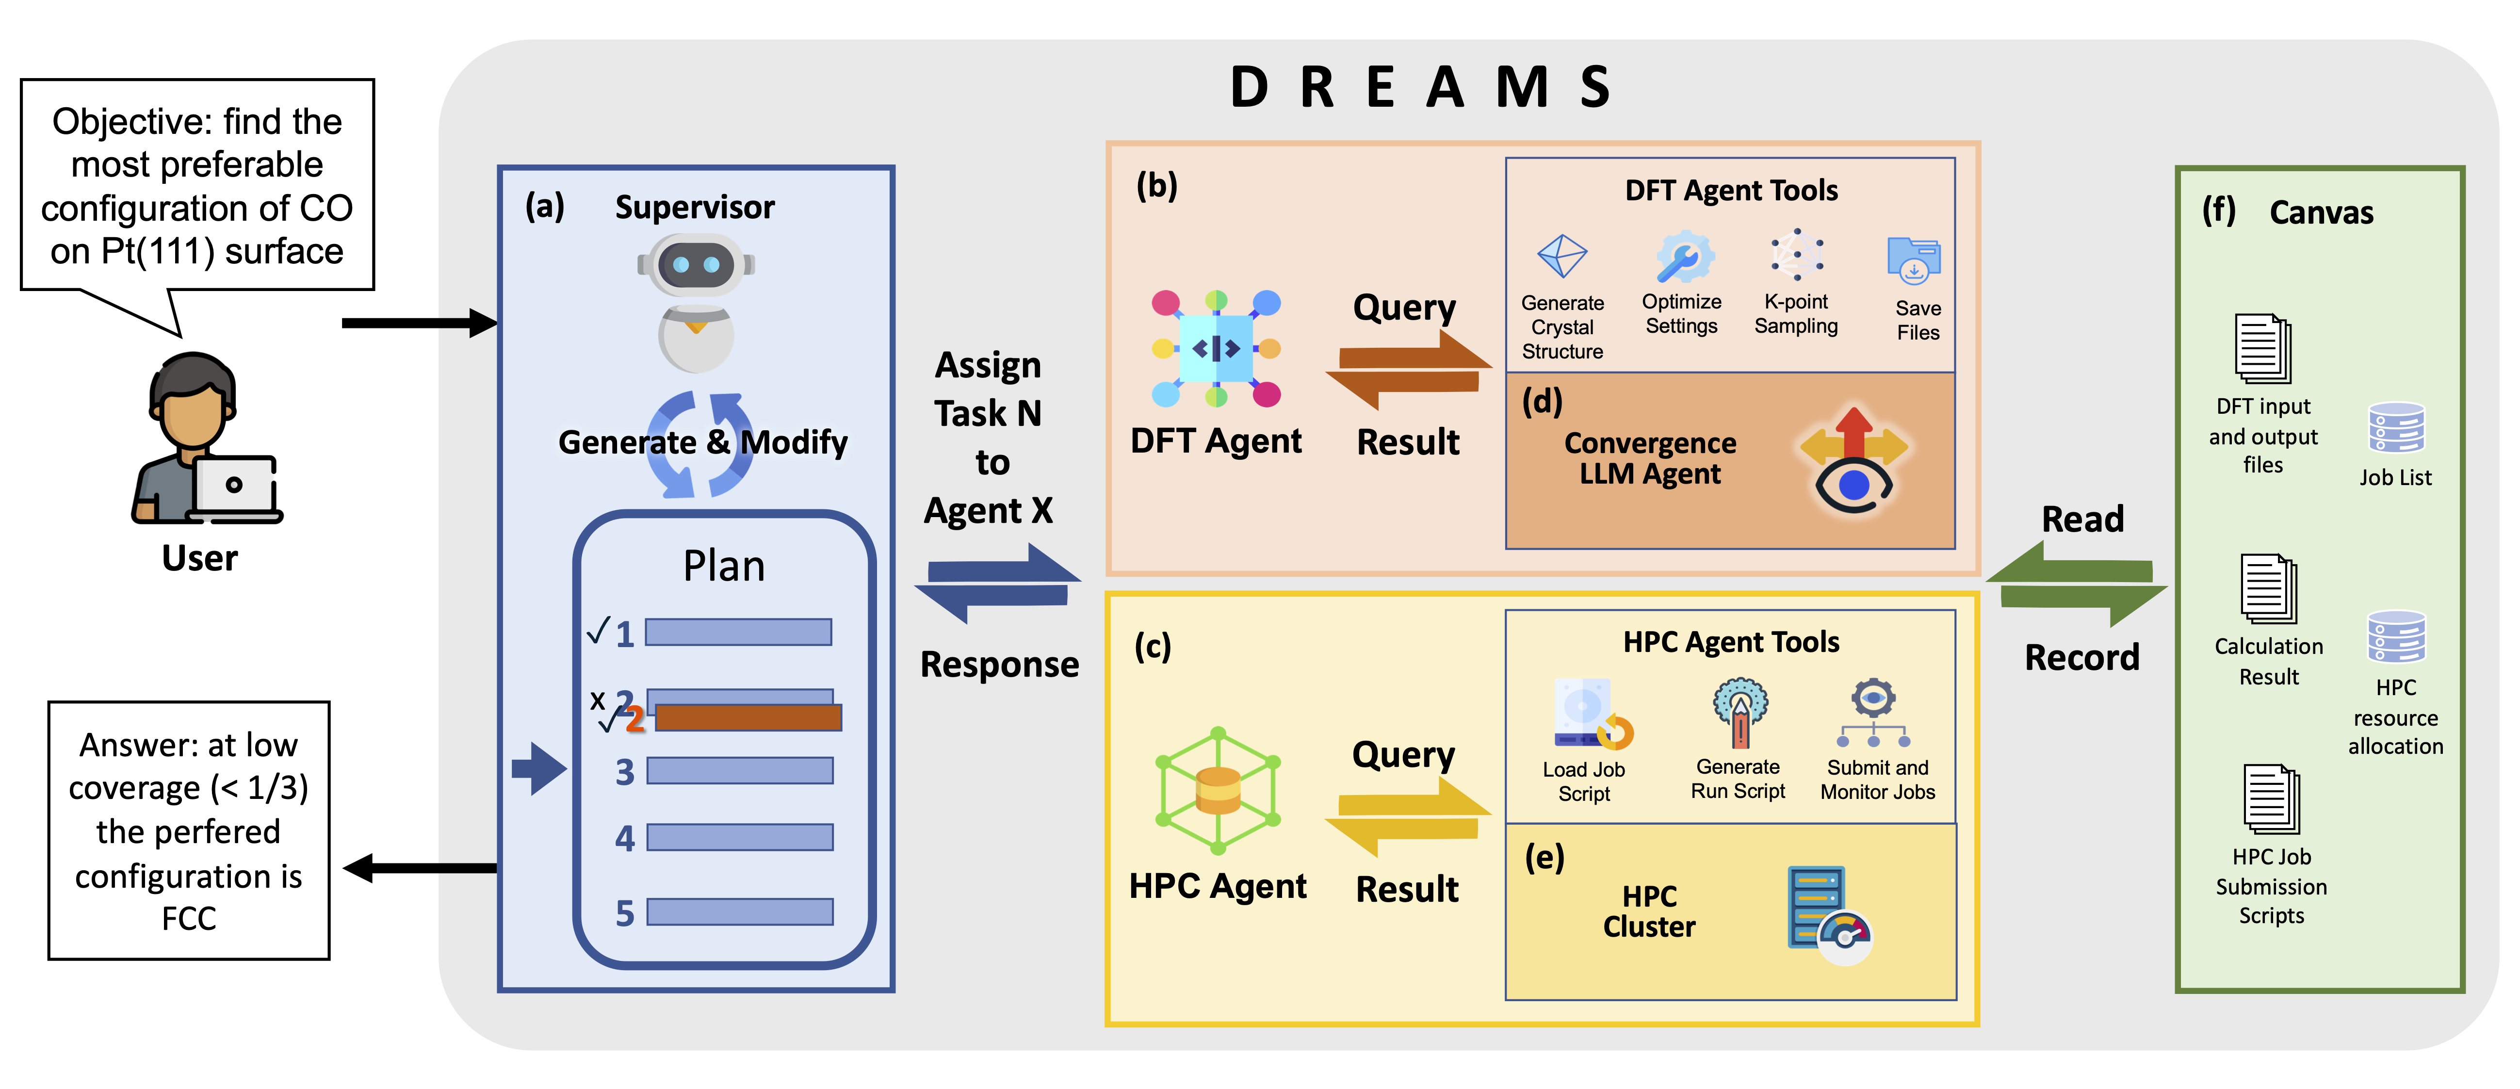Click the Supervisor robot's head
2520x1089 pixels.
[x=696, y=264]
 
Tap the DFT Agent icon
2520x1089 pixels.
[x=1216, y=348]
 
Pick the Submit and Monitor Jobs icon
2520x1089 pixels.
[x=1873, y=712]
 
